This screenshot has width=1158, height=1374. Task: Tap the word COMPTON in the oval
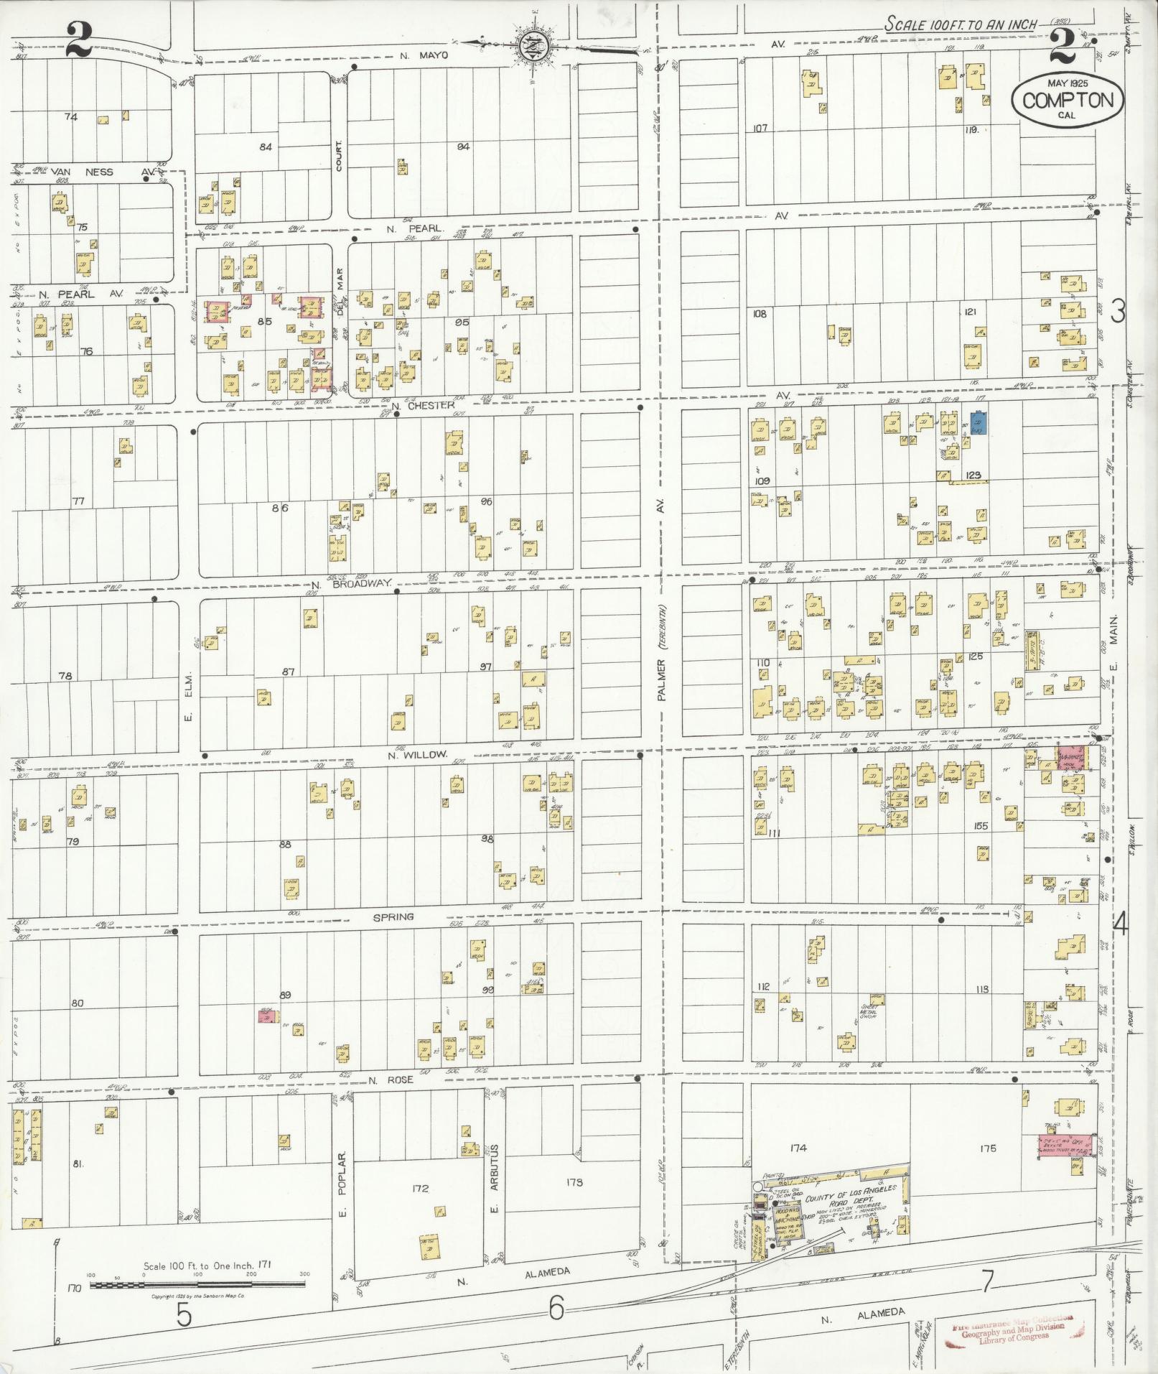tap(1068, 100)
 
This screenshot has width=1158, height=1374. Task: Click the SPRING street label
tap(393, 916)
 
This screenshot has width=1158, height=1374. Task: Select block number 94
tap(463, 147)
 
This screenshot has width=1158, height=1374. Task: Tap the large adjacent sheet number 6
tap(556, 1310)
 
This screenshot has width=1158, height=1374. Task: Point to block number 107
tap(760, 129)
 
